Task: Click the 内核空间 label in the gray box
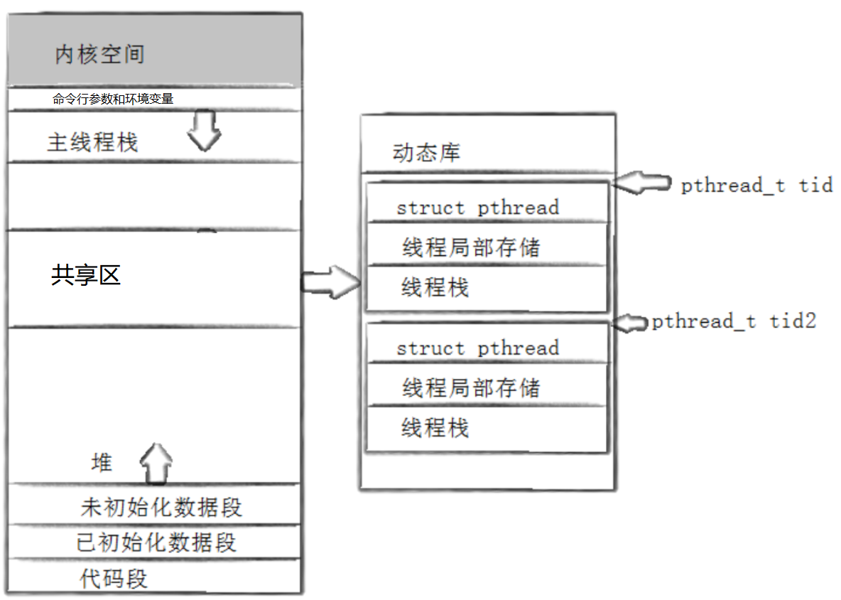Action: pyautogui.click(x=99, y=55)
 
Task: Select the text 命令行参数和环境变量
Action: pyautogui.click(x=113, y=99)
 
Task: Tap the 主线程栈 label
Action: pyautogui.click(x=92, y=143)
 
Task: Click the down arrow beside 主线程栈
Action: pyautogui.click(x=205, y=130)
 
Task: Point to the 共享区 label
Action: pyautogui.click(x=86, y=275)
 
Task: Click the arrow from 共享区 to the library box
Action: pyautogui.click(x=331, y=282)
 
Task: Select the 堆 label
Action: pyautogui.click(x=102, y=463)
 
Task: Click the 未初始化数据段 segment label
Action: pyautogui.click(x=161, y=508)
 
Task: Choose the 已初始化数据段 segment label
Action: pyautogui.click(x=156, y=543)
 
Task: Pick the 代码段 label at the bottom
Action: pyautogui.click(x=114, y=579)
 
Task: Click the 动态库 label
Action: pyautogui.click(x=426, y=153)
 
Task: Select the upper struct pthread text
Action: pyautogui.click(x=477, y=208)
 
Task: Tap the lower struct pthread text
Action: pyautogui.click(x=477, y=348)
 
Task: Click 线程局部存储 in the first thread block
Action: pyautogui.click(x=471, y=247)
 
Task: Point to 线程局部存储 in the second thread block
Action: pyautogui.click(x=471, y=388)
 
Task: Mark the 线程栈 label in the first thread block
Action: pyautogui.click(x=435, y=288)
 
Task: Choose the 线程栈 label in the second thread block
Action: pyautogui.click(x=435, y=429)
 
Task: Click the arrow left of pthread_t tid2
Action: pyautogui.click(x=631, y=323)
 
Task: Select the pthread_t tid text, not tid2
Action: pyautogui.click(x=756, y=186)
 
